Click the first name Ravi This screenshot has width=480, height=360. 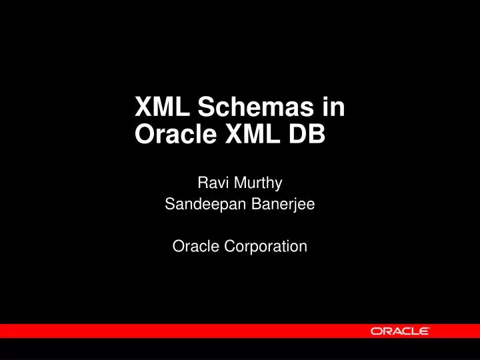(211, 181)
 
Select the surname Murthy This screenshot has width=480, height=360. (260, 181)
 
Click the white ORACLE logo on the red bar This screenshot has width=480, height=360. (400, 331)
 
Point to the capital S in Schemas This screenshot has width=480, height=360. (205, 107)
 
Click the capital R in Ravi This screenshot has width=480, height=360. (203, 181)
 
